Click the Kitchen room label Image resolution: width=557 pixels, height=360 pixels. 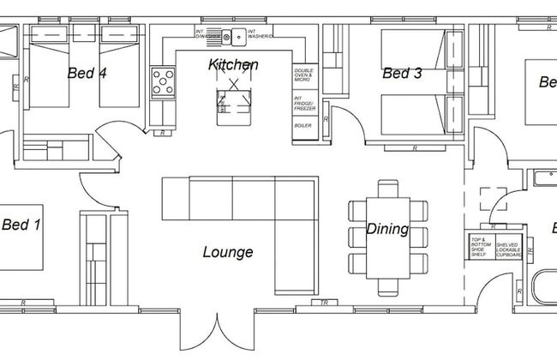click(233, 65)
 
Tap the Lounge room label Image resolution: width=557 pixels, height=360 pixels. click(227, 252)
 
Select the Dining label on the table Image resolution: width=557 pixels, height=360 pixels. click(387, 230)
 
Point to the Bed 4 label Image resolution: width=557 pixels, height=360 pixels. click(87, 74)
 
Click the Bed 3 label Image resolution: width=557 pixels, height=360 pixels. click(402, 74)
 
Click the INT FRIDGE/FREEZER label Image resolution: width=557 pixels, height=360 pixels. click(304, 104)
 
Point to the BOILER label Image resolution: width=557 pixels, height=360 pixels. click(303, 126)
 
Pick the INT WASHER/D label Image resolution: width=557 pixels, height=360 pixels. click(261, 35)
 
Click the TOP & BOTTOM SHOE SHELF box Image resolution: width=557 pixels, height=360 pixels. click(480, 246)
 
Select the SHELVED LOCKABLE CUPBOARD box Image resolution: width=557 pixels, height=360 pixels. click(507, 246)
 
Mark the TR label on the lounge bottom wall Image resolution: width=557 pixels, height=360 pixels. click(324, 303)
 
